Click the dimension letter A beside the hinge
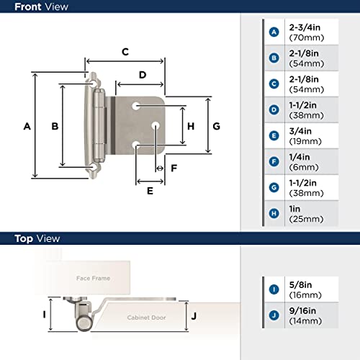[x=27, y=126]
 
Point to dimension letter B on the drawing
[x=54, y=126]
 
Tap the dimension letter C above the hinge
[x=125, y=52]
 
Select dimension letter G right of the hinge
[x=216, y=126]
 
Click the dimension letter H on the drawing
[x=191, y=126]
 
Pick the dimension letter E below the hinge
[x=150, y=191]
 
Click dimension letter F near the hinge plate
[x=173, y=168]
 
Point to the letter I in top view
[x=44, y=315]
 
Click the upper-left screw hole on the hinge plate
[x=135, y=106]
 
